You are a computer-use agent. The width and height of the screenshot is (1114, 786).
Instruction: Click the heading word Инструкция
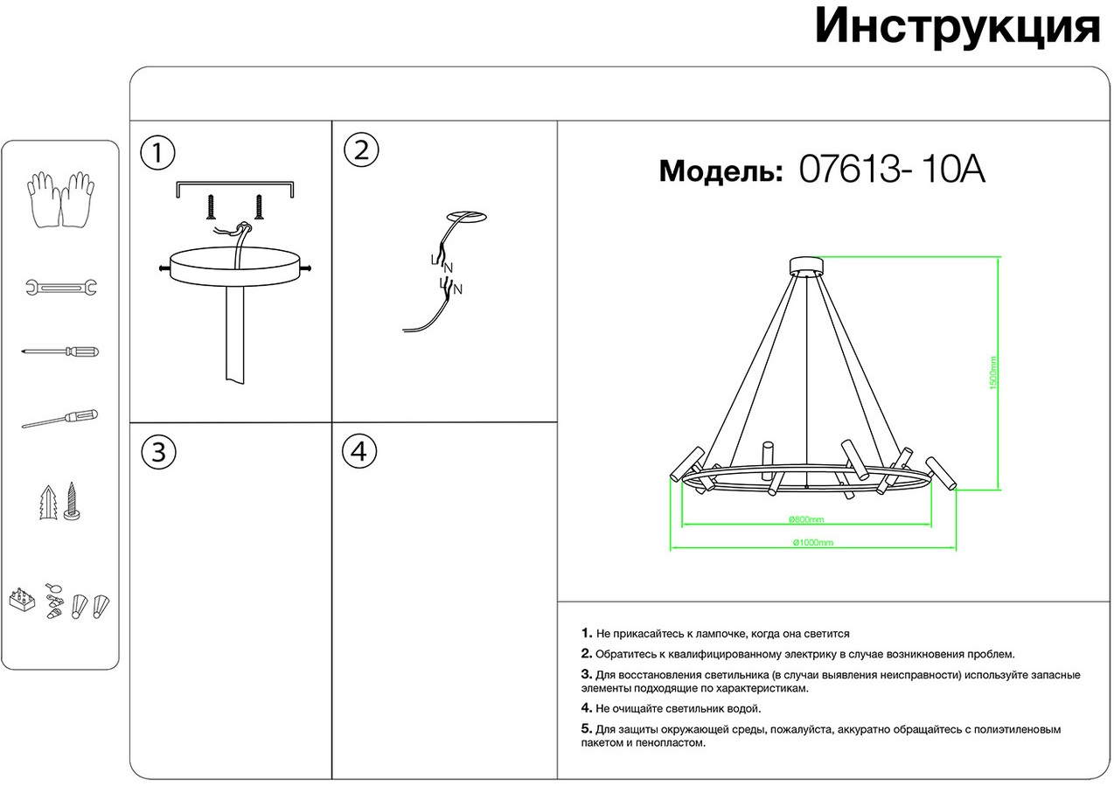[957, 27]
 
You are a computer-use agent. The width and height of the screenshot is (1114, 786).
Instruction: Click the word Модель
[720, 171]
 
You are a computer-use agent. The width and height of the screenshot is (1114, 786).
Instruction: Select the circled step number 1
[157, 152]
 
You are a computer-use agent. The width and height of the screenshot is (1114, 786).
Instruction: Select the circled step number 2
[360, 150]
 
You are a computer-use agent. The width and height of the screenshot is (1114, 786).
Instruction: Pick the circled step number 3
[157, 452]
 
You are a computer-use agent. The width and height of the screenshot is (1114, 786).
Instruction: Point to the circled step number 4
[360, 452]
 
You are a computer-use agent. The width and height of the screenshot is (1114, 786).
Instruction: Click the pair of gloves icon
[60, 200]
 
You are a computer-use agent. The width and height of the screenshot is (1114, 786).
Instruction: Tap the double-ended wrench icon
[60, 287]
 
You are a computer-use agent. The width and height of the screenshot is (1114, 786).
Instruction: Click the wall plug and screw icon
[60, 503]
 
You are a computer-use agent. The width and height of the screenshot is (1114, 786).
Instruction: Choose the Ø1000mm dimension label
[812, 543]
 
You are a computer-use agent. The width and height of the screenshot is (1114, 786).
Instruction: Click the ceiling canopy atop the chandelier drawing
[806, 266]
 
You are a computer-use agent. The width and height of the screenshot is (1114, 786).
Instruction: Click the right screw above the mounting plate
[259, 206]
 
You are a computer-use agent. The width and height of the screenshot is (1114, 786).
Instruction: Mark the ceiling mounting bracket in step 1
[235, 186]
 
